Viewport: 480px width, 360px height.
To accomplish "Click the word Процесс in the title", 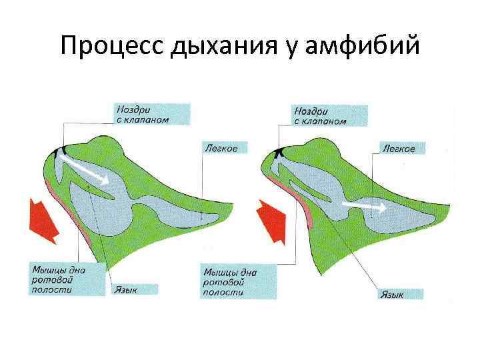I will coord(109,47).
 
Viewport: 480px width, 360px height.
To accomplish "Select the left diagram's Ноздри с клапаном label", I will coord(151,114).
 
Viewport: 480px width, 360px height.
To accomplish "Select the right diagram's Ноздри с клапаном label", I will coord(330,114).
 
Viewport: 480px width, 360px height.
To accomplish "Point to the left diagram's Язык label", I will coord(134,289).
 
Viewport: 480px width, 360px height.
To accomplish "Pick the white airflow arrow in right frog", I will coord(364,207).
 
